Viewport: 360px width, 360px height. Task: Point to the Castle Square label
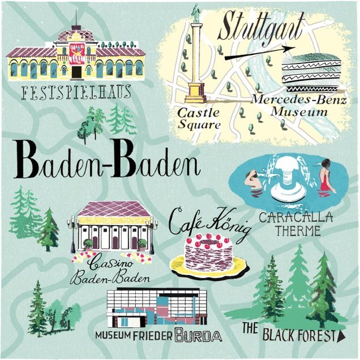199,118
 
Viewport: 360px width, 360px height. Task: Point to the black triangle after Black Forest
341,336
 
